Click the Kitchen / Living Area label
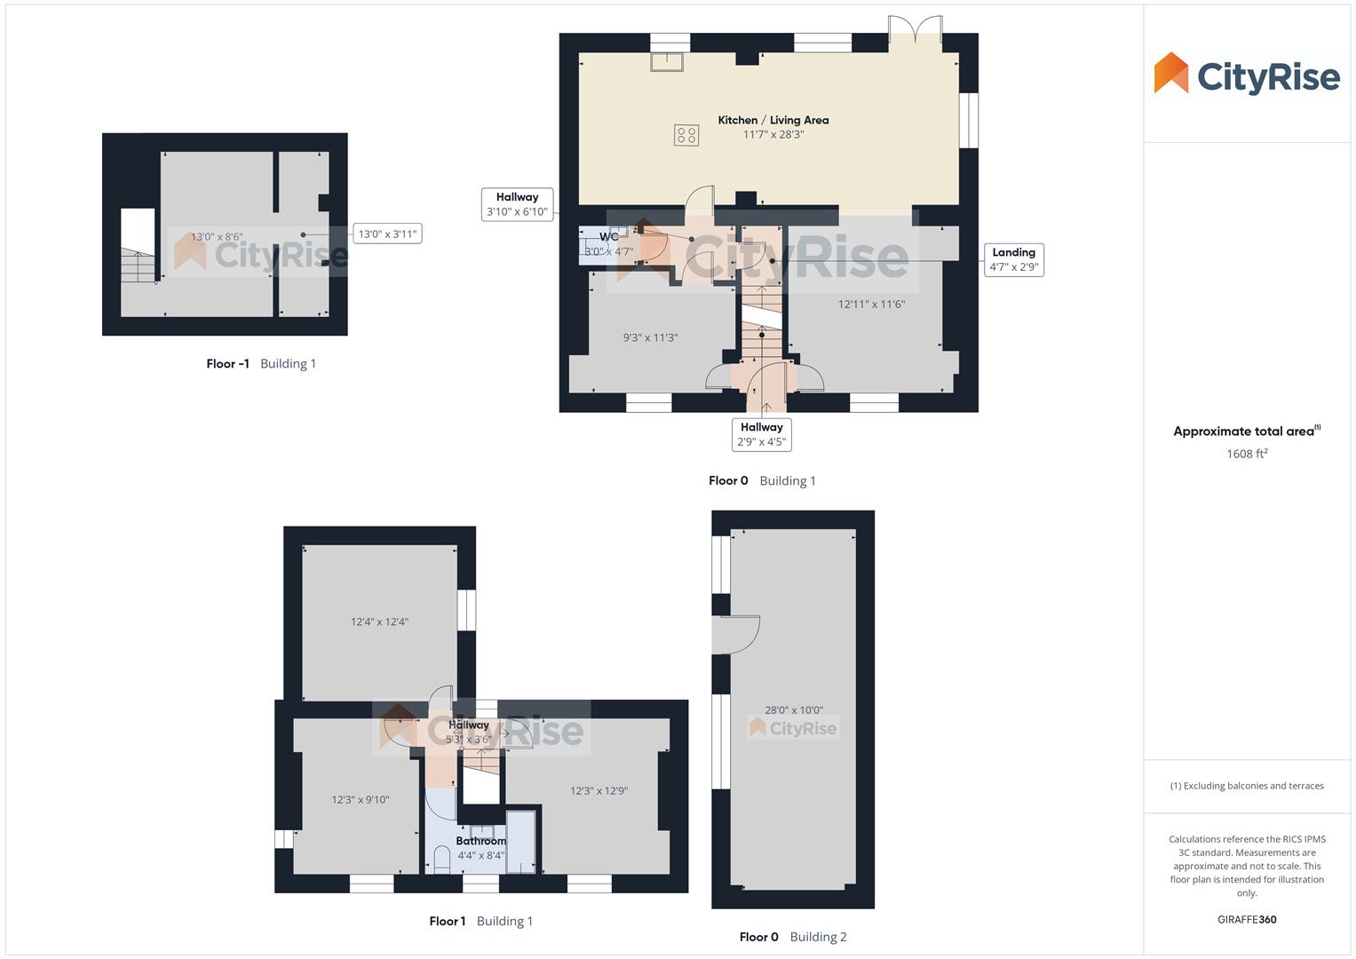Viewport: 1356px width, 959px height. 773,120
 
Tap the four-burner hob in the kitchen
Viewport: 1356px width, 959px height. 686,135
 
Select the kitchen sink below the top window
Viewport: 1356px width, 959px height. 665,61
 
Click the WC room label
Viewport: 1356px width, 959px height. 609,237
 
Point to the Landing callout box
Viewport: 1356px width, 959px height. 1013,259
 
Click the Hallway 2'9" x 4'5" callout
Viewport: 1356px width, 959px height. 761,434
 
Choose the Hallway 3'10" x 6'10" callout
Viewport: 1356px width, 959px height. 517,204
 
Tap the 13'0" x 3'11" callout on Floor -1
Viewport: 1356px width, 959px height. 387,234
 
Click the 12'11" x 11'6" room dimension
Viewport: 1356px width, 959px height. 871,305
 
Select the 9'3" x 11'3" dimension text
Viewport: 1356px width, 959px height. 650,337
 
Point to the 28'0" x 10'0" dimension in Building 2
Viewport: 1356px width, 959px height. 794,710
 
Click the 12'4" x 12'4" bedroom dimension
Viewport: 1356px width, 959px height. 379,622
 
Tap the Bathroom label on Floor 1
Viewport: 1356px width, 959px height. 480,841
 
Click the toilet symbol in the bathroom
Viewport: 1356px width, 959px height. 441,860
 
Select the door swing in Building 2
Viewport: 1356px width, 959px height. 736,634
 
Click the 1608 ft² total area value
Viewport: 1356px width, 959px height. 1247,454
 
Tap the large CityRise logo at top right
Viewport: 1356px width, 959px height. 1247,75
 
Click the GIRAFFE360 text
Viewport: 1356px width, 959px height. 1247,920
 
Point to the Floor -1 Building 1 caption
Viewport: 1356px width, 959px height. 261,364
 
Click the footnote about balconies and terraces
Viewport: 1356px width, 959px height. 1247,786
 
